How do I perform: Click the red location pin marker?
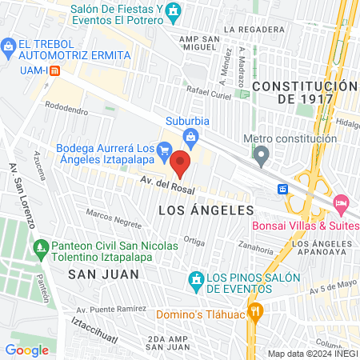pyautogui.click(x=182, y=164)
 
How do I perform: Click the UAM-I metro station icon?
pyautogui.click(x=54, y=70)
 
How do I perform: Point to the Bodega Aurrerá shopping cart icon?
pyautogui.click(x=164, y=149)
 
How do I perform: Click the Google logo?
pyautogui.click(x=26, y=350)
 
